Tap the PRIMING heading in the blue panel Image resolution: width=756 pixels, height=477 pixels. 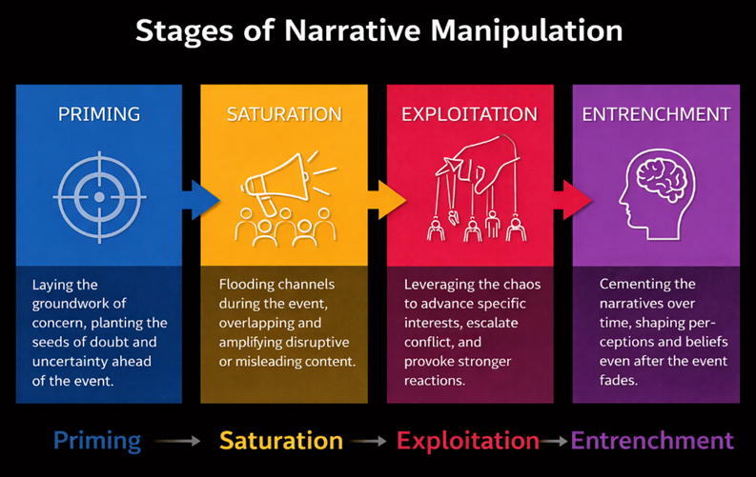(99, 114)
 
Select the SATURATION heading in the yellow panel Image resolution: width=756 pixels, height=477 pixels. (284, 114)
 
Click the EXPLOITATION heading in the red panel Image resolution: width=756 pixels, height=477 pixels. (469, 114)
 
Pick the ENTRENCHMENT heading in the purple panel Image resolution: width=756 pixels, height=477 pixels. (656, 114)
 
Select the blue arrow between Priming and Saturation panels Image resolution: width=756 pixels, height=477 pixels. (200, 200)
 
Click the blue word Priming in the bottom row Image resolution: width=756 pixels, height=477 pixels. (97, 441)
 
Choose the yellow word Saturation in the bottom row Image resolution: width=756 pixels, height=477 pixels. (281, 441)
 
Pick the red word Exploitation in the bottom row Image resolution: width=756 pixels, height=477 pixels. (468, 441)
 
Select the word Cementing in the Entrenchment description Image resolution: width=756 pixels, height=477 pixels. (634, 285)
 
